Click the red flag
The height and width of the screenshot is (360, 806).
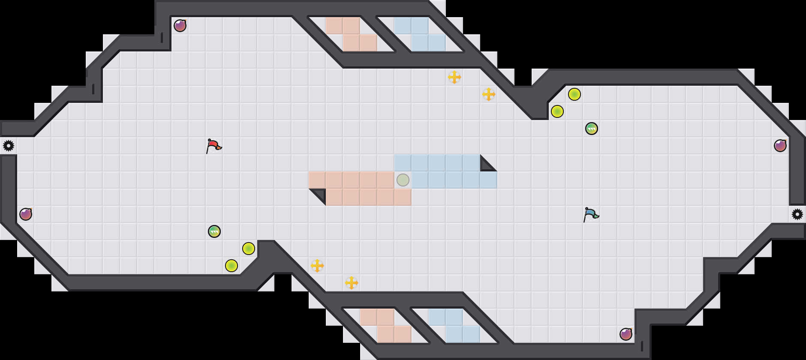click(x=213, y=146)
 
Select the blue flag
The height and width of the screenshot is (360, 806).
click(x=590, y=214)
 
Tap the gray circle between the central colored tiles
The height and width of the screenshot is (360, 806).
click(x=403, y=180)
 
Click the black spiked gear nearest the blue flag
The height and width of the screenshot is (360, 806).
click(x=797, y=214)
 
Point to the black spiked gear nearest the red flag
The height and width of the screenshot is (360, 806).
click(x=9, y=146)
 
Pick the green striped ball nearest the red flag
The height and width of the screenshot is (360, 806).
click(x=214, y=231)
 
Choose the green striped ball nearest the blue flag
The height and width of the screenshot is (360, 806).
click(x=592, y=129)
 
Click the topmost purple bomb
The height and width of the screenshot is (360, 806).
click(x=180, y=26)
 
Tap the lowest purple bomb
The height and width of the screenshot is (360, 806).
click(x=626, y=334)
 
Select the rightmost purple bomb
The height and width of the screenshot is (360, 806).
click(x=780, y=146)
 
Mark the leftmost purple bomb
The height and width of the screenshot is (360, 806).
click(x=26, y=214)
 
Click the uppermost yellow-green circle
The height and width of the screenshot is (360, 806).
click(x=574, y=94)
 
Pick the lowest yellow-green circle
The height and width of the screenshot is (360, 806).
click(x=232, y=266)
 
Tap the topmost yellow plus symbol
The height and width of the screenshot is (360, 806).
click(x=454, y=77)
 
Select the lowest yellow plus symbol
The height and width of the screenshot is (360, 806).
click(x=352, y=283)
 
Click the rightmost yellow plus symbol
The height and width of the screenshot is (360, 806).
click(x=489, y=94)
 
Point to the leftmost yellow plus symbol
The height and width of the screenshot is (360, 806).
click(x=317, y=266)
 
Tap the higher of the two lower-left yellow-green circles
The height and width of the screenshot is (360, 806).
click(x=249, y=249)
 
